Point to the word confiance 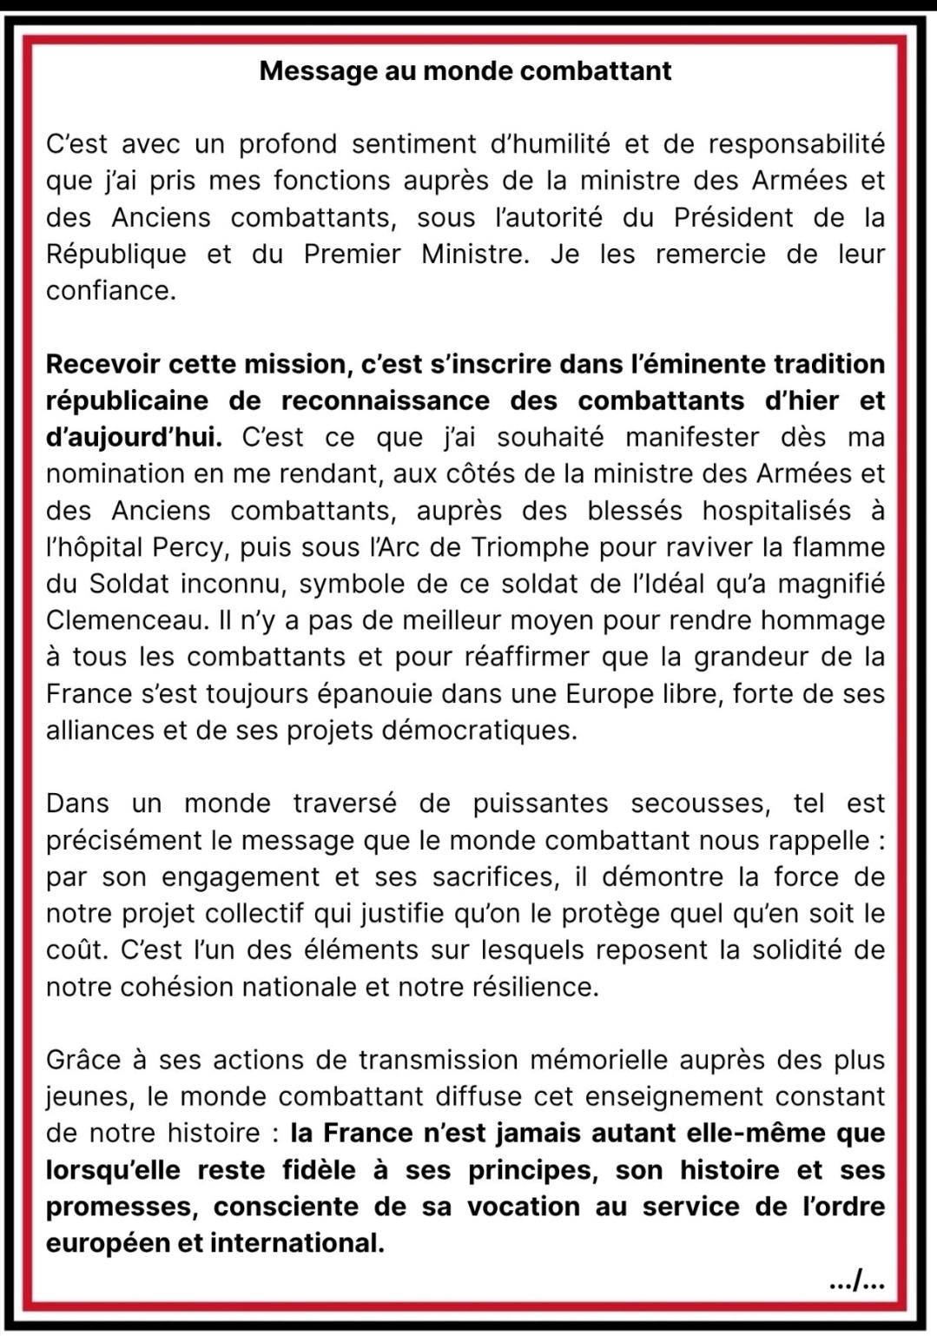110,290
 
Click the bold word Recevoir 103,364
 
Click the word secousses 700,804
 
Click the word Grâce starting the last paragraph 83,1060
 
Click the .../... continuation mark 857,1280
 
